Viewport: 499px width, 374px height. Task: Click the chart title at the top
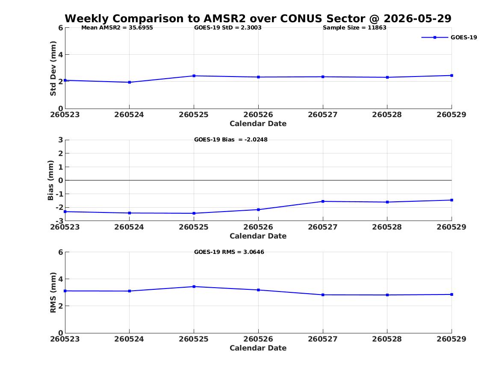(x=258, y=18)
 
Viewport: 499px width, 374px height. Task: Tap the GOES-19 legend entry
(x=449, y=37)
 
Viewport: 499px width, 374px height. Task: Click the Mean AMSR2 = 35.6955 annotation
(x=117, y=28)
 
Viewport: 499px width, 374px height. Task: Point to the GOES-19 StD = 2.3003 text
(x=228, y=28)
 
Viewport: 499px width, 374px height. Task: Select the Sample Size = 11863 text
(x=354, y=28)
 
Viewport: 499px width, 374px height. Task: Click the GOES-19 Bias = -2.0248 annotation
(x=231, y=140)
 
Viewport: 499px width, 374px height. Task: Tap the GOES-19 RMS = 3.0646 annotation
(x=229, y=252)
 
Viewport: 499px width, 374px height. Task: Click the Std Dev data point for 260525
(x=194, y=76)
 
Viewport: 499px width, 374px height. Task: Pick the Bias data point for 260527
(x=323, y=201)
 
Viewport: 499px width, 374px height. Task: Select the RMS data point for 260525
(x=194, y=286)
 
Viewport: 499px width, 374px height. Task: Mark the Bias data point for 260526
(x=258, y=209)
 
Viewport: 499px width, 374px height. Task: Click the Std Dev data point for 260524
(x=129, y=82)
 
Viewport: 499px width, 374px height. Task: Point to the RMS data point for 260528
(x=387, y=295)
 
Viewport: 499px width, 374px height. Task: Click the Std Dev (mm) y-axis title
(x=53, y=68)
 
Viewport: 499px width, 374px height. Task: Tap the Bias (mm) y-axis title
(x=50, y=180)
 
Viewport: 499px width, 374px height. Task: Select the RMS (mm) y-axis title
(x=53, y=293)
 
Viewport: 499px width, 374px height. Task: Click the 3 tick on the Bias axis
(x=60, y=140)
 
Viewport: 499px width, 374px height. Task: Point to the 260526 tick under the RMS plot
(x=258, y=339)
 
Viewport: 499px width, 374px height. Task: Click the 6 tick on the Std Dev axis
(x=60, y=28)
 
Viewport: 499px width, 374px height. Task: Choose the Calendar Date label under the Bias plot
(x=258, y=236)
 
